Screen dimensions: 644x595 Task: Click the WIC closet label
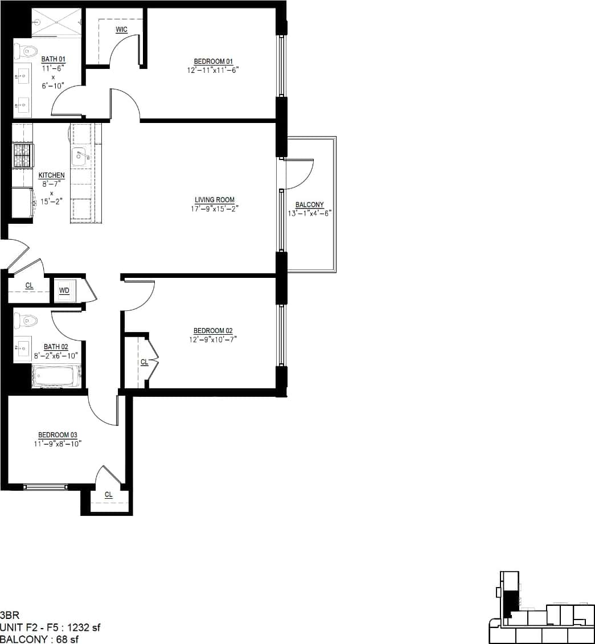tap(121, 30)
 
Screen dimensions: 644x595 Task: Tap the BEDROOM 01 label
tap(214, 61)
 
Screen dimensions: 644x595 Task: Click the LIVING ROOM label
tap(215, 200)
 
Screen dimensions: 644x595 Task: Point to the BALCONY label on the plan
tap(310, 205)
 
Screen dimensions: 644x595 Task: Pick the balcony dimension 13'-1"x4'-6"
tap(310, 214)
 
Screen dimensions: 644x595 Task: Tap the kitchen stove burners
tap(22, 155)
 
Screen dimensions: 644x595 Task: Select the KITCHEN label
tap(52, 175)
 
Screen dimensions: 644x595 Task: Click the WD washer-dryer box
tap(64, 290)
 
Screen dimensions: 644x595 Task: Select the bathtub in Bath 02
tap(56, 376)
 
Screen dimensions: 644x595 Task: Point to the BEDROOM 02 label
tap(213, 331)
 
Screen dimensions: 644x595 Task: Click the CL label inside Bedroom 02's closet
tap(144, 362)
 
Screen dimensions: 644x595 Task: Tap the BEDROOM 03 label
tap(58, 435)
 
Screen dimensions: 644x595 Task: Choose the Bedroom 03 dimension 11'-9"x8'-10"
tap(58, 444)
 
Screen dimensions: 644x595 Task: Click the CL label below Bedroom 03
tap(108, 495)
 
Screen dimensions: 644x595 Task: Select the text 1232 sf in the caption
tap(84, 627)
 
